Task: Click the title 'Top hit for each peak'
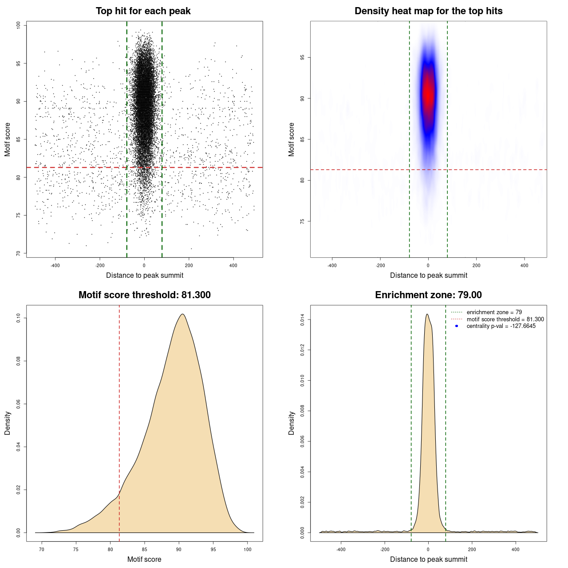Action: tap(143, 11)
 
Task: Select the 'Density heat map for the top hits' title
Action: tap(428, 11)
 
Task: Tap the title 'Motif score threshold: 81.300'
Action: tap(144, 295)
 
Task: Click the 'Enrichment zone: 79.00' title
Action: tap(428, 295)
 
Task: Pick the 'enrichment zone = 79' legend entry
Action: tap(494, 312)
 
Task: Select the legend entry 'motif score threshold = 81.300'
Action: tap(505, 319)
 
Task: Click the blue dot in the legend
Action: tap(457, 326)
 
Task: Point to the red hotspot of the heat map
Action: tap(428, 93)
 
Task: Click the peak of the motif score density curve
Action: tap(182, 314)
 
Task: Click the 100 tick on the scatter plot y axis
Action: tap(19, 25)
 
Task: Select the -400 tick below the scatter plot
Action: tap(55, 266)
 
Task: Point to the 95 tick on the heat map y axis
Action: tap(303, 58)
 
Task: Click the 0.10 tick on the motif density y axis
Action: tap(19, 318)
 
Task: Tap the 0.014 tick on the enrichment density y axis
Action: tap(303, 320)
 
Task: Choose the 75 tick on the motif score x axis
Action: tap(76, 549)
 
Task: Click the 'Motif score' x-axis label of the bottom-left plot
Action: tap(144, 559)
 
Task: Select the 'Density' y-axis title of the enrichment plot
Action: tap(292, 423)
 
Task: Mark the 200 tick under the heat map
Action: tap(476, 266)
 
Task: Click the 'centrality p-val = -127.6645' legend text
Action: tap(501, 326)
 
